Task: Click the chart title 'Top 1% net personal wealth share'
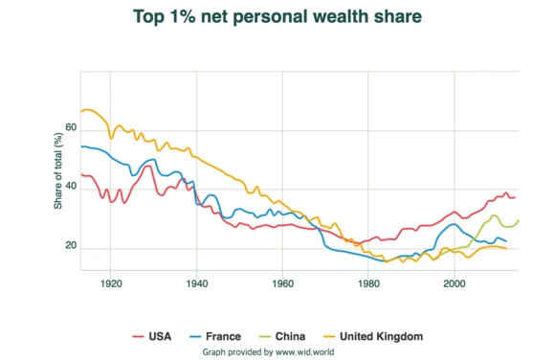[277, 17]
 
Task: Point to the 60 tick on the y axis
[71, 127]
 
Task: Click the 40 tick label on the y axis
[71, 188]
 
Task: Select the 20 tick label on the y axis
[71, 247]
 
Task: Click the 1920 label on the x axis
[111, 284]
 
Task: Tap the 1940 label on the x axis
[197, 284]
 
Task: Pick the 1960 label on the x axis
[282, 284]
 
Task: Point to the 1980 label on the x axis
[368, 284]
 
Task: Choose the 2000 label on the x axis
[454, 284]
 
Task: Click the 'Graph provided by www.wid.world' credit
[277, 351]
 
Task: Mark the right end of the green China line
[519, 220]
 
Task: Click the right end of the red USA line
[517, 197]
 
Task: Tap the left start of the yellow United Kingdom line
[81, 111]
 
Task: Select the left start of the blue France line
[81, 146]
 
